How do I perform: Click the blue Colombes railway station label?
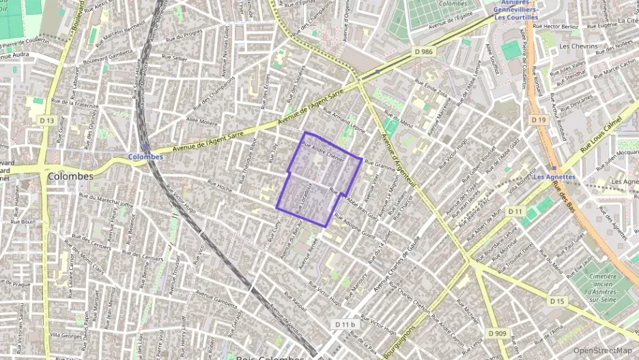(x=145, y=156)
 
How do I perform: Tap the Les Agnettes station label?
(x=554, y=177)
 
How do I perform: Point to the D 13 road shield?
(x=46, y=120)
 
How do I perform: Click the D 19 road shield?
(x=539, y=120)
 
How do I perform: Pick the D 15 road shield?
(x=557, y=301)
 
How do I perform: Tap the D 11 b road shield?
(x=345, y=324)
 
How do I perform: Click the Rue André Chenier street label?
(x=324, y=150)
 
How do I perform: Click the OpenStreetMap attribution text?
(x=603, y=350)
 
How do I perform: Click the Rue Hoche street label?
(x=220, y=185)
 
